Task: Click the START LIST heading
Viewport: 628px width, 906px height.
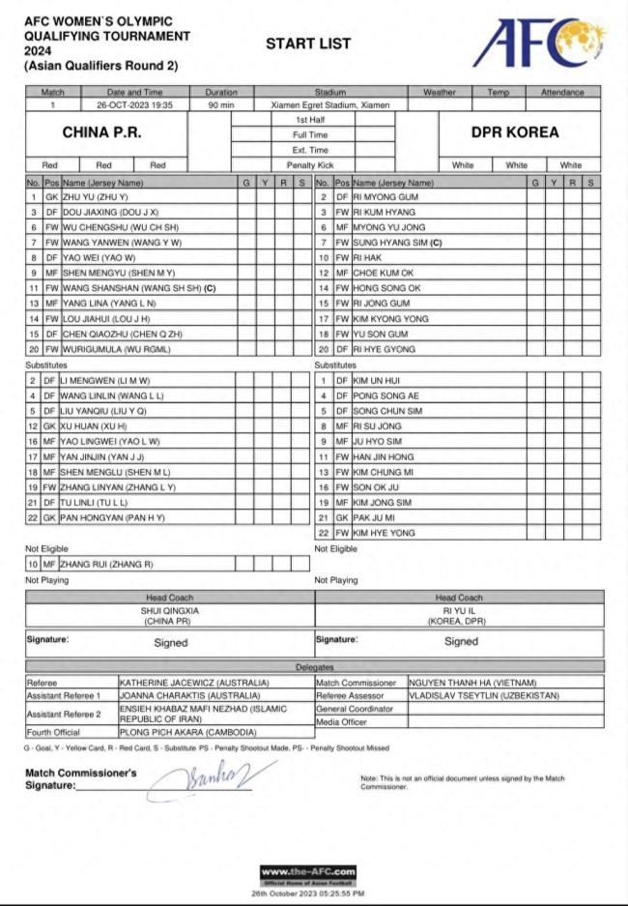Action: pyautogui.click(x=308, y=44)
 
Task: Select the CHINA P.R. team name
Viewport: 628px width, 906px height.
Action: pyautogui.click(x=105, y=132)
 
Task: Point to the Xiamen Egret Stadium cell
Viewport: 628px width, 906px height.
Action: pyautogui.click(x=317, y=104)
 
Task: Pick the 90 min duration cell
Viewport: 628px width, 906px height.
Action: pyautogui.click(x=220, y=104)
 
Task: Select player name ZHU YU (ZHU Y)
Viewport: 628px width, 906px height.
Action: pyautogui.click(x=95, y=197)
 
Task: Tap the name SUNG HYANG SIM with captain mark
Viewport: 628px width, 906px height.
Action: pyautogui.click(x=397, y=243)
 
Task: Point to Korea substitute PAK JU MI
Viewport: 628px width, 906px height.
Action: pyautogui.click(x=372, y=517)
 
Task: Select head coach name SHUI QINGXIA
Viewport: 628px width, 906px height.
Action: pyautogui.click(x=169, y=611)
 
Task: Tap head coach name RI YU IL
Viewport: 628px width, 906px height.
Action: pyautogui.click(x=459, y=611)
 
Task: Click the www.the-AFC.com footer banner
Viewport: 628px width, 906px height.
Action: pyautogui.click(x=308, y=872)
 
